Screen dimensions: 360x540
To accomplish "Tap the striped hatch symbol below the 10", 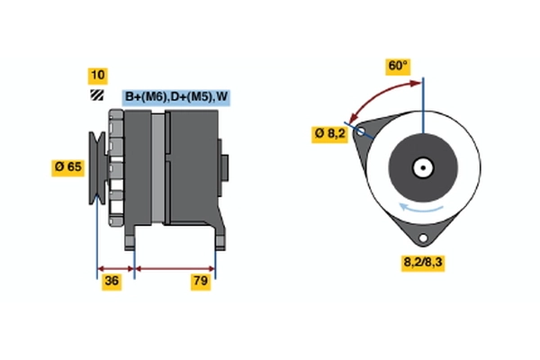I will (x=96, y=94).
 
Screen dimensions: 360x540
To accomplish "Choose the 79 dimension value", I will (x=201, y=283).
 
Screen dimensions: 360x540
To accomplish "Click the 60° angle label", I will (x=397, y=66).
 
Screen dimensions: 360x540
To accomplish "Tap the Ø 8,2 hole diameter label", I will (x=329, y=133).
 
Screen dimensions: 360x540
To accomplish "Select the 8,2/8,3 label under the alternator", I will (x=420, y=263).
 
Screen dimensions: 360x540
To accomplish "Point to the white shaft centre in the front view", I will (x=421, y=167).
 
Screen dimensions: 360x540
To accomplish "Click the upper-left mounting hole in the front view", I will (x=362, y=132).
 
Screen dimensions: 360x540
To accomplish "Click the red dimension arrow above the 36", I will (x=115, y=268).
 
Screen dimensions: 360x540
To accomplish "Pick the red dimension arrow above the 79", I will (x=175, y=268).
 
